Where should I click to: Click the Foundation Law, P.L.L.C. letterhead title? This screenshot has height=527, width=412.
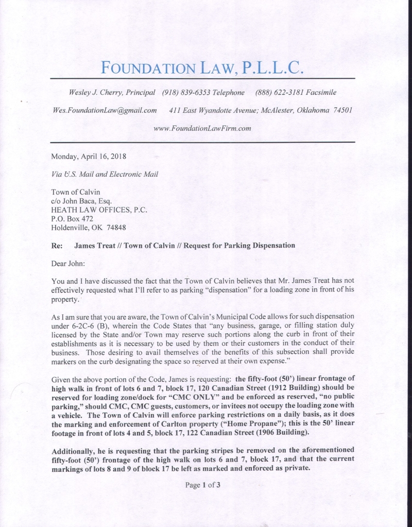pos(202,67)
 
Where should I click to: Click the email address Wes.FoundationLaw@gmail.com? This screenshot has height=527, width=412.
pos(105,110)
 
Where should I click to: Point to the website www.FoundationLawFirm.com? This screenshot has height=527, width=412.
pos(202,128)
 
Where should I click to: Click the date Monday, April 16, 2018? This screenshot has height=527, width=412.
pos(88,156)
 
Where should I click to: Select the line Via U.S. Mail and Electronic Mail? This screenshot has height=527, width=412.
pos(104,174)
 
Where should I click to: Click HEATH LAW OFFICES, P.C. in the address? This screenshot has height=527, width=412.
pos(99,210)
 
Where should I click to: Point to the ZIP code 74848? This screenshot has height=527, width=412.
pos(116,227)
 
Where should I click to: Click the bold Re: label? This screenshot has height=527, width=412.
pos(57,246)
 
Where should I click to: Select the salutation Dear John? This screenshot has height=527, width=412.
pos(68,264)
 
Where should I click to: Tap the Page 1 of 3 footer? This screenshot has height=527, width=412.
pos(202,485)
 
